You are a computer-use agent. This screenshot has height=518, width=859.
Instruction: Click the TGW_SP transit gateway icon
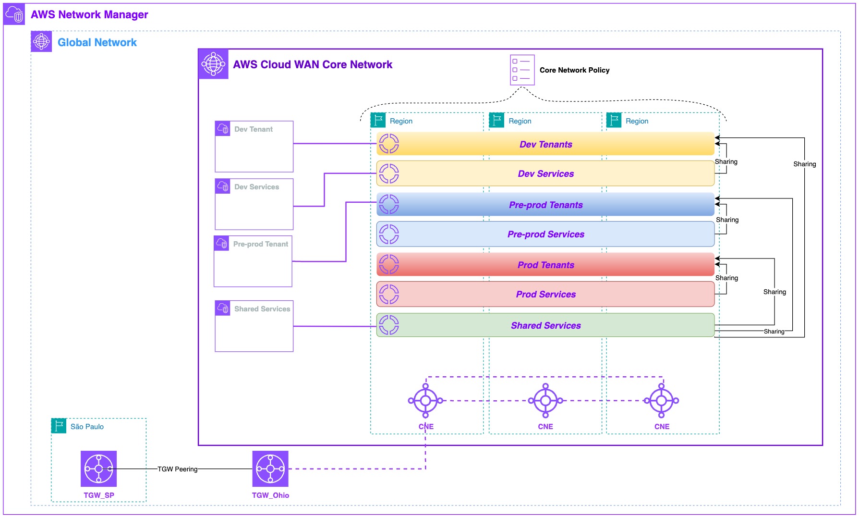(x=98, y=469)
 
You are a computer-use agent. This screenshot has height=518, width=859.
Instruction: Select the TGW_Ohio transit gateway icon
(x=270, y=469)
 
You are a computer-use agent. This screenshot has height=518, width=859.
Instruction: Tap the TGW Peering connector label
(x=177, y=469)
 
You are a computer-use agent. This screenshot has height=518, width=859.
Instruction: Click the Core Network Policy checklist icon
(x=522, y=70)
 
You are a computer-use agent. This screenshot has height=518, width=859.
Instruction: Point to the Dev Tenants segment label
(x=545, y=144)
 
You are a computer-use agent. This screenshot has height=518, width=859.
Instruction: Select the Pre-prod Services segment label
(x=545, y=234)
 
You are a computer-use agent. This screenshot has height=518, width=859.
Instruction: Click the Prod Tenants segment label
(x=545, y=265)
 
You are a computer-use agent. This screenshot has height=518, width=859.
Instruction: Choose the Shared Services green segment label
(x=545, y=325)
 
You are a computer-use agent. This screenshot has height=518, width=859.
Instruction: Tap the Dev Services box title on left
(x=256, y=187)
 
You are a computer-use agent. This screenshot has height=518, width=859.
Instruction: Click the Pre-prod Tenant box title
(x=260, y=244)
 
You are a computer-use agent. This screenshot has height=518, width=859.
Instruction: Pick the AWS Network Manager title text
(x=89, y=14)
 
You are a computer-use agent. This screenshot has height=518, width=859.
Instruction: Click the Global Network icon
(x=41, y=41)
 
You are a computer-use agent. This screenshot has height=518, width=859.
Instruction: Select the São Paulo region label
(x=87, y=427)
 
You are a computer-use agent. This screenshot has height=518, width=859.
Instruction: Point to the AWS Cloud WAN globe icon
(x=213, y=64)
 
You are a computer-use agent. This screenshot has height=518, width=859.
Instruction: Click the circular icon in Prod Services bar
(x=389, y=294)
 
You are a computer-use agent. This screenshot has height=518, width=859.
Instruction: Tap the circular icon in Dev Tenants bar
(x=389, y=144)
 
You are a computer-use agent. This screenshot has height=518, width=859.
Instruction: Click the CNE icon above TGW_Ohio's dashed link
(x=425, y=400)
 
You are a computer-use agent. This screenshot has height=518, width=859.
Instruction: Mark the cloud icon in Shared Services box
(x=223, y=308)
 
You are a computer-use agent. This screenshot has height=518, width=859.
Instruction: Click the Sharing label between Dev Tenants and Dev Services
(x=726, y=162)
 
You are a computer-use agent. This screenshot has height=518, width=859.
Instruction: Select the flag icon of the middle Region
(x=496, y=120)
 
